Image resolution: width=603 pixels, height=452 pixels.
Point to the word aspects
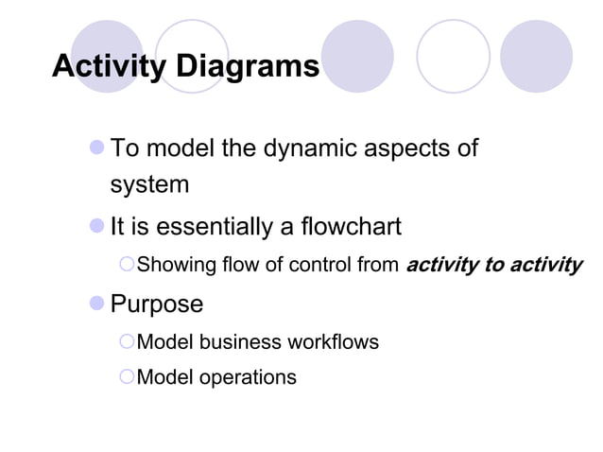[408, 148]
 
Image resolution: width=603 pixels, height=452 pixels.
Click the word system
[149, 184]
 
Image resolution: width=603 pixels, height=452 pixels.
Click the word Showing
[177, 265]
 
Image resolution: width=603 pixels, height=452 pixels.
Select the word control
[321, 265]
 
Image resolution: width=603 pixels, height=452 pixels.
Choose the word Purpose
[157, 304]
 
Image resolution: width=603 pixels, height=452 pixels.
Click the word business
[240, 341]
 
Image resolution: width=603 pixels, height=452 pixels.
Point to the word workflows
[335, 341]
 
